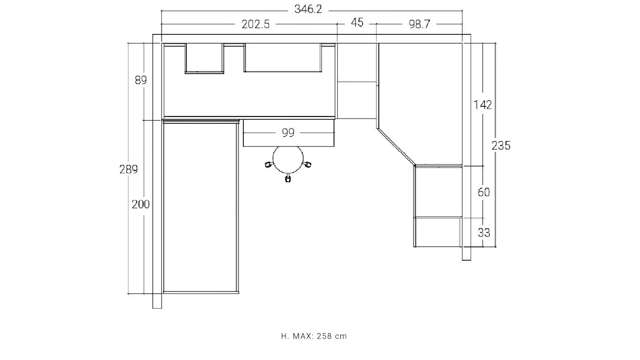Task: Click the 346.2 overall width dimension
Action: [x=308, y=9]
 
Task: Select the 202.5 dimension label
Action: [x=256, y=24]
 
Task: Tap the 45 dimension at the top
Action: [x=357, y=23]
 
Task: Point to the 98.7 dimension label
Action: [x=419, y=24]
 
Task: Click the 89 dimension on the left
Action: [x=141, y=80]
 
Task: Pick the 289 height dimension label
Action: [x=129, y=170]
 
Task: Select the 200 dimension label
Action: [x=141, y=204]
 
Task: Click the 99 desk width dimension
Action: [x=288, y=133]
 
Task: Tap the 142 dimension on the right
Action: [x=483, y=105]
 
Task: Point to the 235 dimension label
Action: [x=501, y=146]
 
